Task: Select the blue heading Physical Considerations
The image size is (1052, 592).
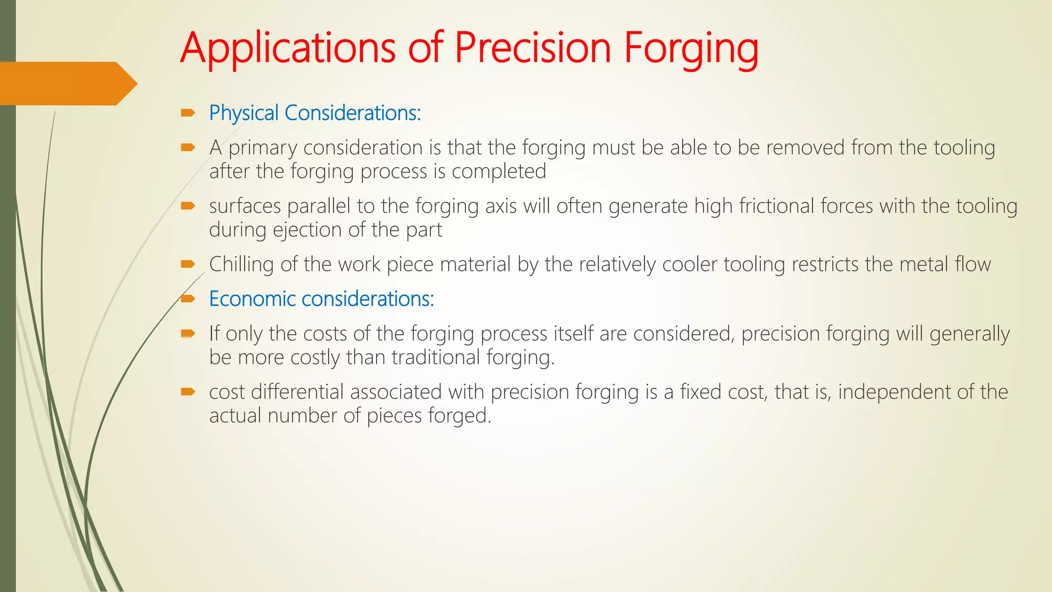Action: click(x=314, y=113)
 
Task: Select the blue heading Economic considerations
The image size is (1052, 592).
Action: click(x=322, y=299)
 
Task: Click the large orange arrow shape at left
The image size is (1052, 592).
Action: click(x=67, y=83)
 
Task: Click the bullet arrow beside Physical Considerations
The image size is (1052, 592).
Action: click(x=188, y=113)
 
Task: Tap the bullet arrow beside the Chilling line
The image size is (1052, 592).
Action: click(x=188, y=264)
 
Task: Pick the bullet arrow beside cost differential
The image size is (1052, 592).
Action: click(x=188, y=392)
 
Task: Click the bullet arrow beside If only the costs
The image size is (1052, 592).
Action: click(x=188, y=334)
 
